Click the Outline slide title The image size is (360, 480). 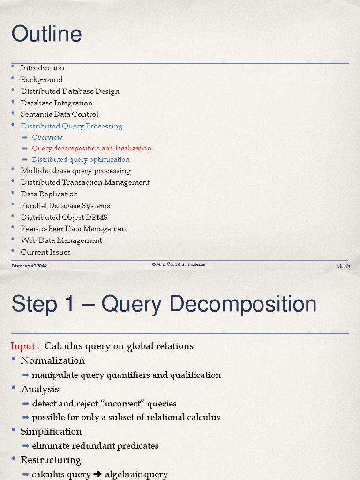[46, 34]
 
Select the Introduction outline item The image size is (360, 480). [43, 68]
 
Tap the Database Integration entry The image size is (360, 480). [57, 103]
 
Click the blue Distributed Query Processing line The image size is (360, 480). [72, 126]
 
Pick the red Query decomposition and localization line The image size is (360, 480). [92, 149]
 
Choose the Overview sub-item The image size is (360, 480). [47, 137]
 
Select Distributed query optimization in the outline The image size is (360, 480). [81, 160]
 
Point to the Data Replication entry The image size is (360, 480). [49, 194]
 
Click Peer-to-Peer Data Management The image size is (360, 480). [75, 229]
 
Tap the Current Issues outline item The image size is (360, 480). [46, 252]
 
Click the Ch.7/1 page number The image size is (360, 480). [343, 266]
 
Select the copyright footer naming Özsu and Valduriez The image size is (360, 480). [179, 265]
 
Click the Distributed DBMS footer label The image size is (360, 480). [29, 266]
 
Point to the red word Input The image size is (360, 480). [22, 346]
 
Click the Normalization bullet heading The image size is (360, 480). [52, 360]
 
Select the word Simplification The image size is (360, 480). [51, 431]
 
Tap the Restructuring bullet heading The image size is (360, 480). [51, 460]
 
